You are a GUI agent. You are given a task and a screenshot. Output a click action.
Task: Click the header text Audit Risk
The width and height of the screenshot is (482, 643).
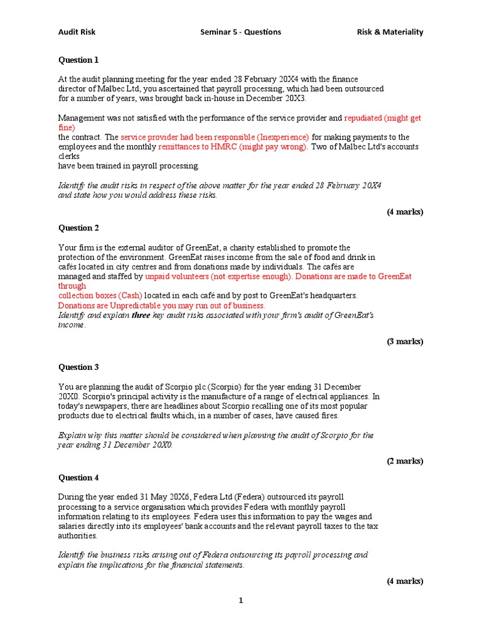pos(77,32)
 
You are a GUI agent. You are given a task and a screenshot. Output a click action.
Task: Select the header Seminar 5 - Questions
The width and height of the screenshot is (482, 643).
pos(240,32)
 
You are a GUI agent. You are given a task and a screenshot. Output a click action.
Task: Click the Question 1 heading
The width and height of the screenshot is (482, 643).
pos(78,60)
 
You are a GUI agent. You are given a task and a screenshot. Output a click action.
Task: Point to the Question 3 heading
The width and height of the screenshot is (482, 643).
pos(78,367)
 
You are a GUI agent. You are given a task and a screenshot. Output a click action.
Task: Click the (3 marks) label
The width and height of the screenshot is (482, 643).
pos(404,342)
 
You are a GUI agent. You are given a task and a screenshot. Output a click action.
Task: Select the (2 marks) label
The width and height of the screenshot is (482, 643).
pos(404,461)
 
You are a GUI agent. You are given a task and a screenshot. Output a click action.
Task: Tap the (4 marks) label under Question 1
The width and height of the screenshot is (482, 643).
pos(404,212)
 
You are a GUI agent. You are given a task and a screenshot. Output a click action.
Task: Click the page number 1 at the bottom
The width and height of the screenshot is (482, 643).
pos(240,601)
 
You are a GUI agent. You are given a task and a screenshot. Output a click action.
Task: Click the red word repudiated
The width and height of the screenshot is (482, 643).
pos(363,118)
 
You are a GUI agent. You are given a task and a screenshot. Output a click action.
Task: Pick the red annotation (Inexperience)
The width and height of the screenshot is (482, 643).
pos(282,137)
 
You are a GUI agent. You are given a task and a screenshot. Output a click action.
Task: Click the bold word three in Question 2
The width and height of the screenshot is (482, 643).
pos(141,315)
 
